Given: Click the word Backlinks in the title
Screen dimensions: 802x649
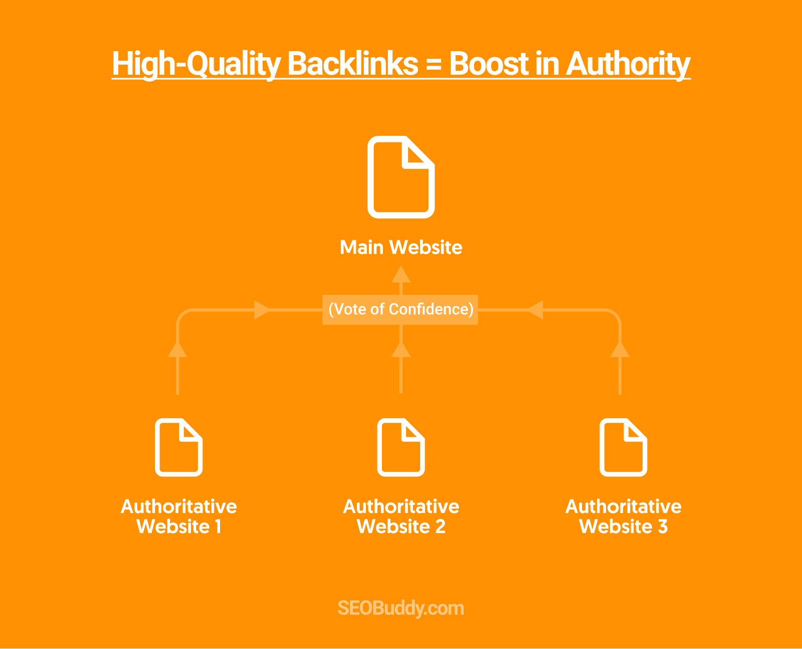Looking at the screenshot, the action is tap(353, 64).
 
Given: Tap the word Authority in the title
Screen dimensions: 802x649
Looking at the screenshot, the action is tap(628, 65).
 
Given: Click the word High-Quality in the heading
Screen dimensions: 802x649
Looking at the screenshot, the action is tap(196, 65).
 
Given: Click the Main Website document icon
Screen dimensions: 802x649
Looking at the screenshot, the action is tap(401, 177).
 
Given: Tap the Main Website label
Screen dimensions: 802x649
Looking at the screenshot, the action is tap(401, 247).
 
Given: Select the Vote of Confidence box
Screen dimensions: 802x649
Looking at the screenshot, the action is tap(400, 309).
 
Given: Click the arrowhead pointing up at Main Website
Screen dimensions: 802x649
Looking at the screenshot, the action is tap(401, 274).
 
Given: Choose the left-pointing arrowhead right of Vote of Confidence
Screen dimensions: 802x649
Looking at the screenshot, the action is tap(535, 310).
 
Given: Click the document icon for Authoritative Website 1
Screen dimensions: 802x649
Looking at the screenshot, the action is tap(179, 447).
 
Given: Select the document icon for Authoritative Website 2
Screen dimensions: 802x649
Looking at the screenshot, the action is tap(401, 447).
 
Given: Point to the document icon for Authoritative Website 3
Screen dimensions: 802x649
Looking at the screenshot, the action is tap(624, 447).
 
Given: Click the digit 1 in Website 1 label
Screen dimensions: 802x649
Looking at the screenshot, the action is tap(218, 526).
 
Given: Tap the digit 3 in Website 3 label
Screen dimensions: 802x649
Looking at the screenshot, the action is tap(663, 526).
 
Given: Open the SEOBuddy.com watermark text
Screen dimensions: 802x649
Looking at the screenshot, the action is tap(400, 608).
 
